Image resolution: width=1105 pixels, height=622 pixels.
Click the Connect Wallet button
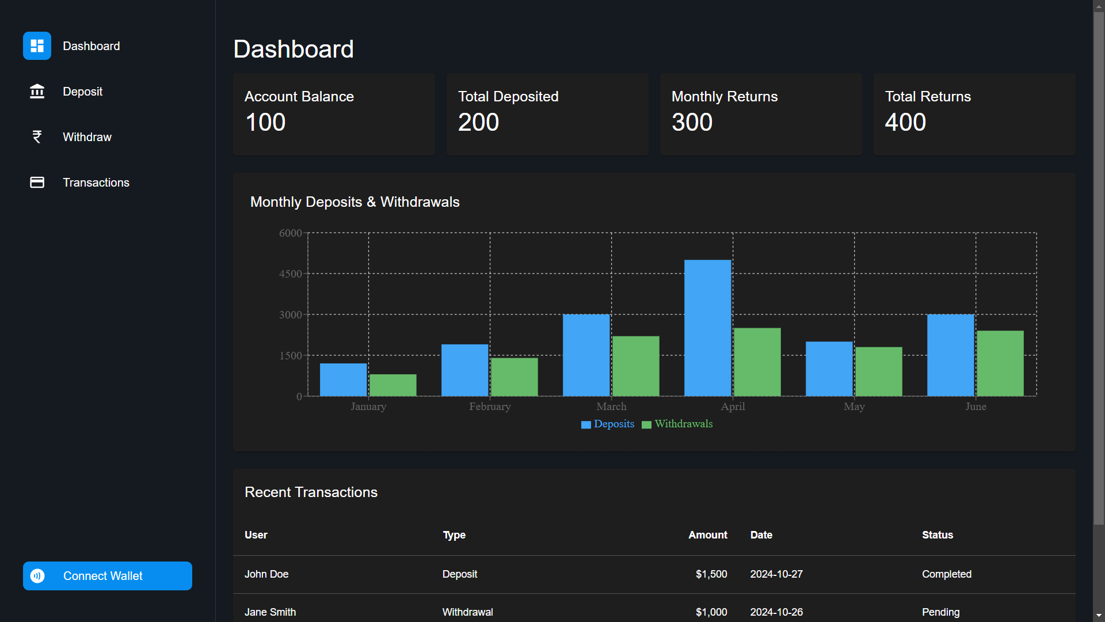click(108, 576)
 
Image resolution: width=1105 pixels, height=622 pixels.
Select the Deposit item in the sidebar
click(82, 92)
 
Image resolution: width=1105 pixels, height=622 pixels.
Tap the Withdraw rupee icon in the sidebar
click(37, 137)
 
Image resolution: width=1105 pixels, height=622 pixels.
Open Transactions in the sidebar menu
click(96, 183)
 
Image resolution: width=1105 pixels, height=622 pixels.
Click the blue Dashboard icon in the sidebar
click(37, 46)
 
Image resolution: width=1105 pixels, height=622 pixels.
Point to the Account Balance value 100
click(265, 122)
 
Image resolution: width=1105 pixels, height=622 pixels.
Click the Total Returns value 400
click(905, 122)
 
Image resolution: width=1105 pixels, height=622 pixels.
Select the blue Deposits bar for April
click(707, 328)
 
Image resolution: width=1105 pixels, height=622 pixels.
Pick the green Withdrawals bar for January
click(393, 385)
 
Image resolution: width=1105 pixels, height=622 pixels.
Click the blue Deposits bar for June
click(950, 355)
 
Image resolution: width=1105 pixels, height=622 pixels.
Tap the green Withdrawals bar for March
click(635, 366)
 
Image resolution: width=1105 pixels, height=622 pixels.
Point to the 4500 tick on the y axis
click(291, 274)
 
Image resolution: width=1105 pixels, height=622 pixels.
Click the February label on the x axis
click(490, 407)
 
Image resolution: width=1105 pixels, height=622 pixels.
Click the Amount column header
click(707, 535)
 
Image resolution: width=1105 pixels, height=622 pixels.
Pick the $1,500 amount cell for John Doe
click(711, 574)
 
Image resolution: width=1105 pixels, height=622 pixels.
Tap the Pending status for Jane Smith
click(940, 612)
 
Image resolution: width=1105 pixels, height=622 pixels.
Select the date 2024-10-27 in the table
click(776, 574)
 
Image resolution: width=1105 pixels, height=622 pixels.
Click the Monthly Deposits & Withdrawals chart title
click(355, 202)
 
